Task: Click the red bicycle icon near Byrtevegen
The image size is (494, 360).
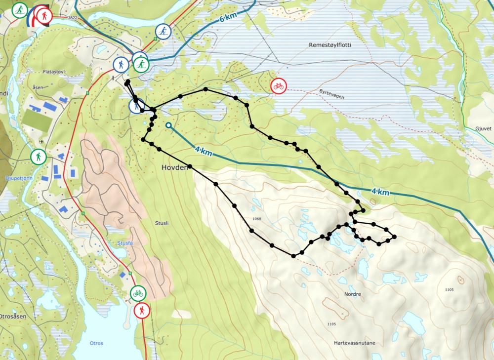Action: (278, 86)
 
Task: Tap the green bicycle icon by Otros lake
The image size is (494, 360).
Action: (138, 293)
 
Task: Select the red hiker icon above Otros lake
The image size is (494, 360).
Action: (142, 311)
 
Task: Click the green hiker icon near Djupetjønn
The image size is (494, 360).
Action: (38, 158)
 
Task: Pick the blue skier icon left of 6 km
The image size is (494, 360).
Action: (163, 32)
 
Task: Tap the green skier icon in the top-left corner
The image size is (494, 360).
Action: (20, 10)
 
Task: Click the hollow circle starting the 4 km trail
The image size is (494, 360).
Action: (169, 125)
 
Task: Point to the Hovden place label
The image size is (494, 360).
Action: (175, 168)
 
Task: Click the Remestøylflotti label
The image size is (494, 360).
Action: (329, 45)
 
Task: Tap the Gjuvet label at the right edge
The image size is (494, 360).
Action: (483, 127)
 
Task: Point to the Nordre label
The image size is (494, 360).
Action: (353, 294)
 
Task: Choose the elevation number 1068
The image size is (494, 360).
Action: (256, 219)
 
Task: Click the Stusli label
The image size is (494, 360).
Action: (161, 223)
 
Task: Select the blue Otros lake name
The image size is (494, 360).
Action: (96, 343)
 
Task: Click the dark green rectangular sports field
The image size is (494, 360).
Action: (36, 120)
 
